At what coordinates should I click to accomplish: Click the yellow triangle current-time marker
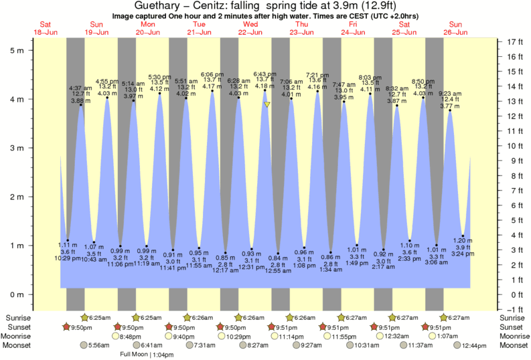[267, 104]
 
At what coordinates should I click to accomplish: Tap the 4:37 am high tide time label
[80, 88]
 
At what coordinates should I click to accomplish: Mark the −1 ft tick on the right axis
[511, 309]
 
